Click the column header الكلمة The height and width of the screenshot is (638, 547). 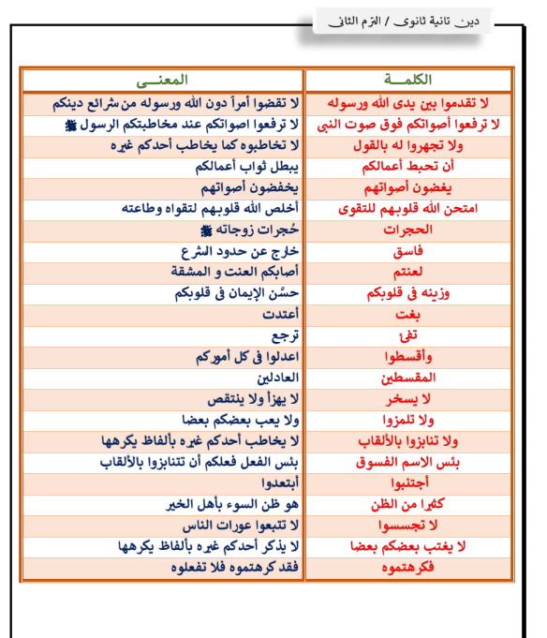point(408,79)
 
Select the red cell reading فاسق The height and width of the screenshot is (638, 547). point(408,251)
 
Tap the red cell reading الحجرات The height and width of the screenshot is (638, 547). point(408,230)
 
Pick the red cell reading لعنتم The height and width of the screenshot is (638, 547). point(408,272)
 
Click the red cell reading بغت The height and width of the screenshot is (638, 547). point(408,314)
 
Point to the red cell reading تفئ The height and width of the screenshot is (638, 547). point(408,334)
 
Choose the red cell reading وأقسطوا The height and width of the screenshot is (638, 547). point(408,356)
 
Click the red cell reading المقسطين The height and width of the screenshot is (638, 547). point(408,377)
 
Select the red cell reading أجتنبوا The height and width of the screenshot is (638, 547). point(408,482)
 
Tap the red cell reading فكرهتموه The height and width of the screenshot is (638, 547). point(408,567)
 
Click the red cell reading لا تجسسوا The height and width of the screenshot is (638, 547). point(408,525)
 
